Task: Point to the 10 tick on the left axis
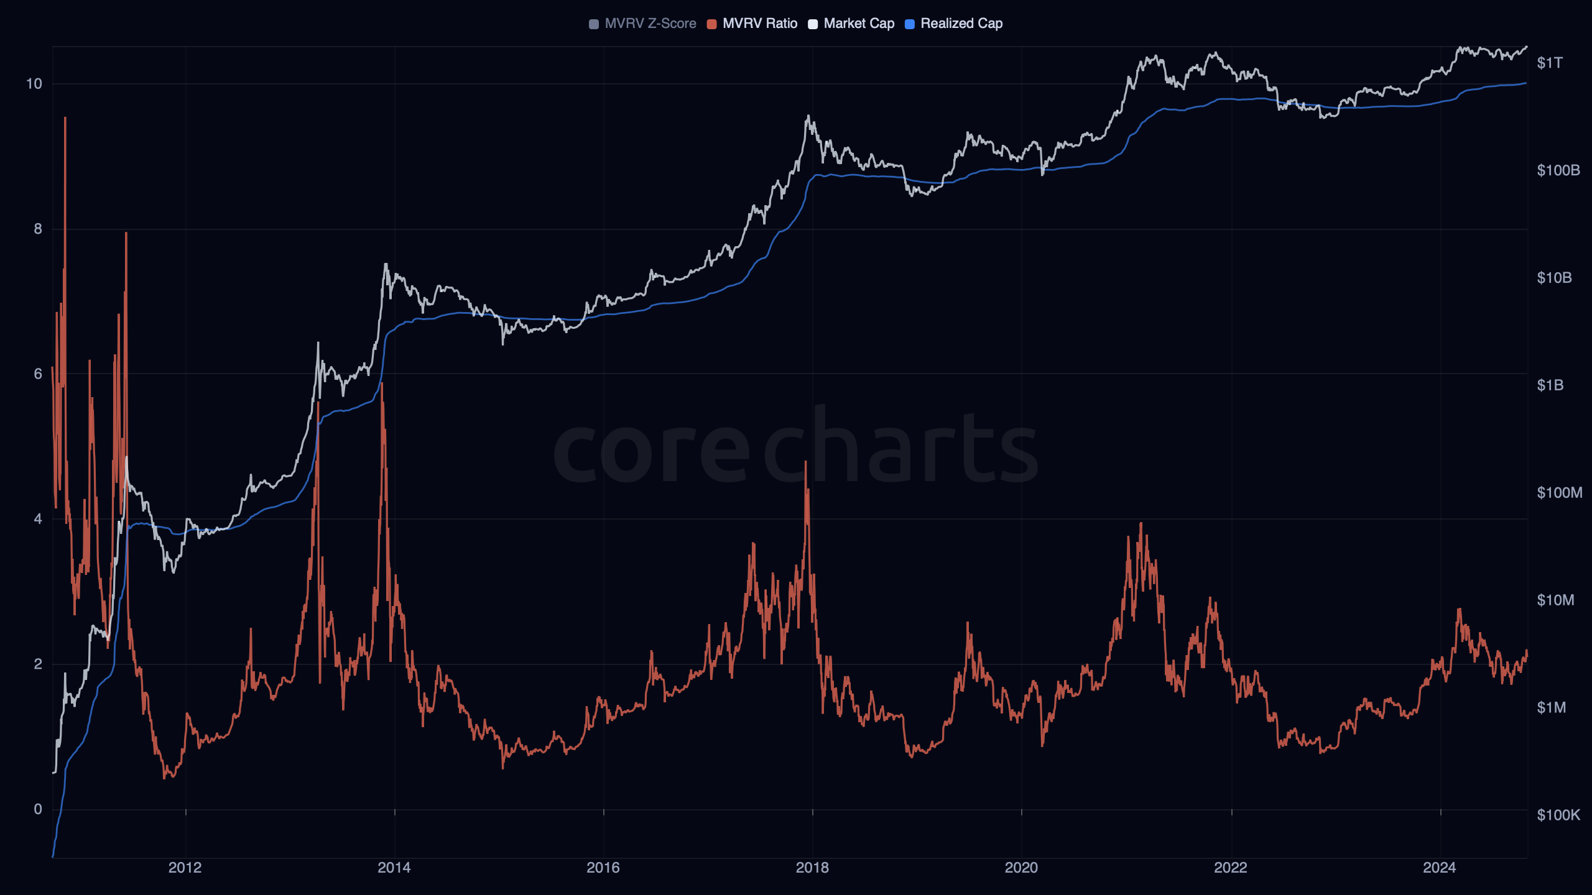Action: (34, 84)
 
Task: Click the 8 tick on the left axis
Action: (38, 229)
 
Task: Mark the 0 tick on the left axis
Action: (38, 809)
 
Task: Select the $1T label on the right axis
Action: (1549, 63)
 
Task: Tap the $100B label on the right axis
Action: (1558, 170)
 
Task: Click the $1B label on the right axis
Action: (1550, 385)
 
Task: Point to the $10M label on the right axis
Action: (1555, 600)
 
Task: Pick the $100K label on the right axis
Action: (1558, 815)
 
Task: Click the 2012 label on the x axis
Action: (185, 868)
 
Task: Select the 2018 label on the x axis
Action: (812, 868)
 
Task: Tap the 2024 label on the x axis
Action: (1440, 868)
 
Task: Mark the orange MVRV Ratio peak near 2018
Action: (806, 463)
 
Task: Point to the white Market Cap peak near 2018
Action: (808, 116)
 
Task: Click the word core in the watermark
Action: (652, 451)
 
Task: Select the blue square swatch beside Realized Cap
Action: (910, 24)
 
